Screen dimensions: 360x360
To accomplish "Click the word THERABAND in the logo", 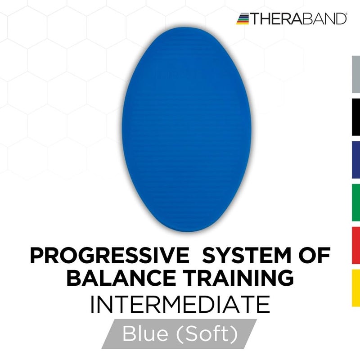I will tap(298, 18).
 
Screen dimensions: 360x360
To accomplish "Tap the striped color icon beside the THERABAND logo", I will tap(243, 18).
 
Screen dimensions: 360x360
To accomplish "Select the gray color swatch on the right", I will tap(355, 74).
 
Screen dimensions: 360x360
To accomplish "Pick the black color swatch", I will tap(355, 117).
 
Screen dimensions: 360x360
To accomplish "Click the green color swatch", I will tap(355, 202).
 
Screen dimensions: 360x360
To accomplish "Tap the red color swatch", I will tap(355, 245).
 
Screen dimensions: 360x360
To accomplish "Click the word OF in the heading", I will tap(318, 256).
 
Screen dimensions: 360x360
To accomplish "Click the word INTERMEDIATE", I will tap(180, 305).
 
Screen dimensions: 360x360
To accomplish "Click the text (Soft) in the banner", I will tap(208, 334).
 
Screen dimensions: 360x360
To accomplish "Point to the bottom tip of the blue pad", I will tap(180, 231).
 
